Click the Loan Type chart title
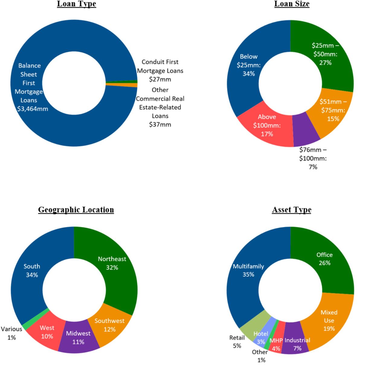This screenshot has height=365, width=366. [x=76, y=4]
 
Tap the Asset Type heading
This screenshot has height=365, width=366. [x=291, y=210]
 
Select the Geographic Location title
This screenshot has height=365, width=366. [x=76, y=210]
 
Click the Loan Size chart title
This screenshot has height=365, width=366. [x=292, y=4]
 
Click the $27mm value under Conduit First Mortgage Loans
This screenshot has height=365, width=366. [x=160, y=79]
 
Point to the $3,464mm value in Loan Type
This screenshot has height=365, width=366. [x=33, y=109]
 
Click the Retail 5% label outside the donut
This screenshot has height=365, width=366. [x=237, y=342]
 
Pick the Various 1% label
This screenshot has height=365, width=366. [x=11, y=333]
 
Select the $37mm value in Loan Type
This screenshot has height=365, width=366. [x=160, y=124]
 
